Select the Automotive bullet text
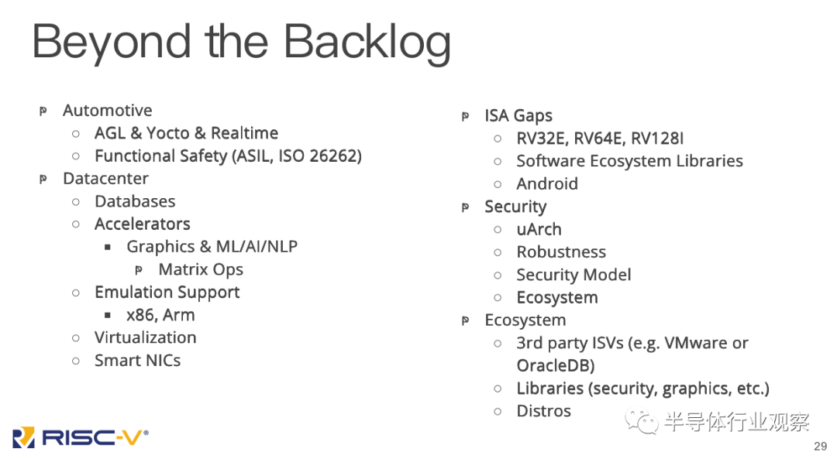pyautogui.click(x=107, y=111)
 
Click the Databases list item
pyautogui.click(x=135, y=201)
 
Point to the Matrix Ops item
pyautogui.click(x=201, y=269)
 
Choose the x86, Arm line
pyautogui.click(x=160, y=315)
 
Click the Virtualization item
pyautogui.click(x=145, y=337)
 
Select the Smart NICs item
pyautogui.click(x=137, y=361)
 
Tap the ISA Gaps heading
pyautogui.click(x=518, y=116)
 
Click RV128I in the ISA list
pyautogui.click(x=657, y=139)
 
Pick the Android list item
pyautogui.click(x=547, y=184)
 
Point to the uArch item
pyautogui.click(x=539, y=230)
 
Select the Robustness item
pyautogui.click(x=561, y=252)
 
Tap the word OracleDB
pyautogui.click(x=556, y=365)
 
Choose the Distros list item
pyautogui.click(x=543, y=411)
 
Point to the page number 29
pyautogui.click(x=821, y=447)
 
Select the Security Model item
pyautogui.click(x=573, y=275)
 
